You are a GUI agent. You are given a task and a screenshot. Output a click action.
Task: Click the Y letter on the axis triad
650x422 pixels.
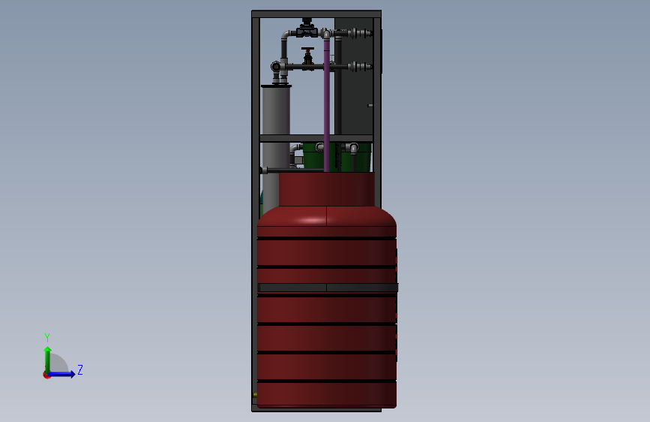click(x=46, y=337)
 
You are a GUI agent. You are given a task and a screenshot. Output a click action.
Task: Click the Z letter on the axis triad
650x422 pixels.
click(x=80, y=370)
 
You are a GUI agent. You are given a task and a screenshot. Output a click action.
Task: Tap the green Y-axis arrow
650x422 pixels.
click(x=47, y=357)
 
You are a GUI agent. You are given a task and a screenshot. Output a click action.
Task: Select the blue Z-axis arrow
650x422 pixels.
click(x=64, y=373)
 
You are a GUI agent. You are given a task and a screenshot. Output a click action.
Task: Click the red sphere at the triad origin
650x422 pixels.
click(x=46, y=375)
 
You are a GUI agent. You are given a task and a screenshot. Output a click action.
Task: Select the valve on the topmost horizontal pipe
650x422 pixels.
click(x=306, y=30)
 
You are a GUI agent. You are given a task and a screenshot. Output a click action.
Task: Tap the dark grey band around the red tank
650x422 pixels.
click(x=328, y=288)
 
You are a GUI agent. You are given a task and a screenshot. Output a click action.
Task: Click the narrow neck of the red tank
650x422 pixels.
click(x=326, y=189)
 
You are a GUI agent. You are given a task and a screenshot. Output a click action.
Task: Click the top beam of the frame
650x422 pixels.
click(x=316, y=14)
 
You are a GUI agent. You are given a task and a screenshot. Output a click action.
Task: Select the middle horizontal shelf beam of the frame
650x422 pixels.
click(x=316, y=138)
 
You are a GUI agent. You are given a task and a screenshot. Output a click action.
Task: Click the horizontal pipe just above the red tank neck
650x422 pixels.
click(x=292, y=170)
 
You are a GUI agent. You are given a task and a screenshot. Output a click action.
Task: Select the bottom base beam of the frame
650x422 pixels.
click(x=316, y=408)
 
